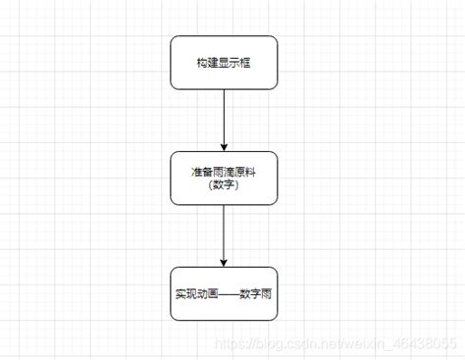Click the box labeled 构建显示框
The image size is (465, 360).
[224, 62]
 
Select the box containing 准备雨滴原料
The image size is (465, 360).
[224, 178]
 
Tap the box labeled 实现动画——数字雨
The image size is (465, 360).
[224, 293]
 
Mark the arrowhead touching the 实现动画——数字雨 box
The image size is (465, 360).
[224, 261]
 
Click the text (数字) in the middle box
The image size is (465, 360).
[224, 185]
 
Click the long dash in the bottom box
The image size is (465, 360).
[228, 293]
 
